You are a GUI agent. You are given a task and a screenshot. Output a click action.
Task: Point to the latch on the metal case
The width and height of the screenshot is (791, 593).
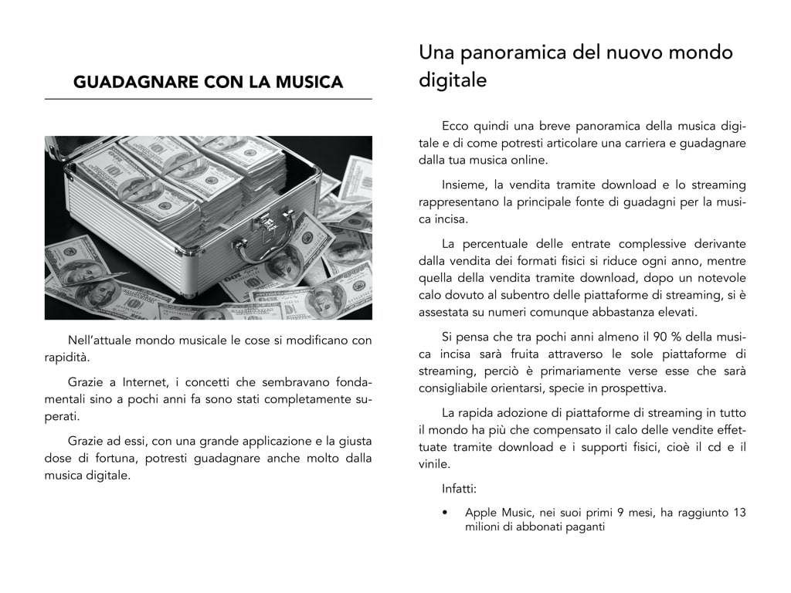tap(264, 224)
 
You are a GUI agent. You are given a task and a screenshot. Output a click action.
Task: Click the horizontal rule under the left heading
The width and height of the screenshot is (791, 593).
tap(208, 100)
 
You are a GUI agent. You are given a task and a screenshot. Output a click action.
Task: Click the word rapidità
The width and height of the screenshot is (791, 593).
tap(66, 357)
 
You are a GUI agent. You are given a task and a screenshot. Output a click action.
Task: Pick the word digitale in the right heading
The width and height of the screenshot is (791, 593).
tap(453, 80)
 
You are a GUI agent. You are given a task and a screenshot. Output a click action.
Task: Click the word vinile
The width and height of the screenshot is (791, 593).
tap(434, 464)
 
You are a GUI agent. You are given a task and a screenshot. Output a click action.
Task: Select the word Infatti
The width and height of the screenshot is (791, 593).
tap(460, 489)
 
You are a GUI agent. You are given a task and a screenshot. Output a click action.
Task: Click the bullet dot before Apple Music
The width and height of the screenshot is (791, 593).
tap(446, 513)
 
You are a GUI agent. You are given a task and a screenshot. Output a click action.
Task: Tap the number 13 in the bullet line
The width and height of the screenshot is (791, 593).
tap(738, 512)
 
